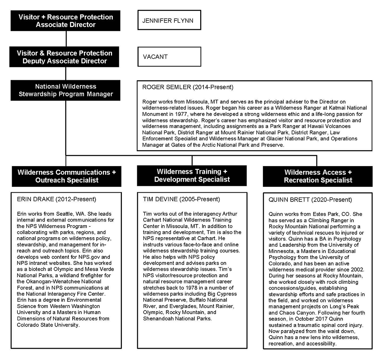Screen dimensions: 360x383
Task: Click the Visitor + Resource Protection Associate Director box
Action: (x=66, y=21)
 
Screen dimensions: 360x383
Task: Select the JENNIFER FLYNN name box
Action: (x=169, y=21)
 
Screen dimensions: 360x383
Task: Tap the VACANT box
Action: (x=169, y=57)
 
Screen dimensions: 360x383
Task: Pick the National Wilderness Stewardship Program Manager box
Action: (x=66, y=90)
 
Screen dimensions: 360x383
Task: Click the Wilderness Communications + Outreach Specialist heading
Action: (x=66, y=176)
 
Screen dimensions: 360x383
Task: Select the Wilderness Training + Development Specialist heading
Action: (x=192, y=175)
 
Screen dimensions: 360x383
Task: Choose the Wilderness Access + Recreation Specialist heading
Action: (x=318, y=176)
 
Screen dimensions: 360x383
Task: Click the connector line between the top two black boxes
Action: (x=66, y=39)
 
